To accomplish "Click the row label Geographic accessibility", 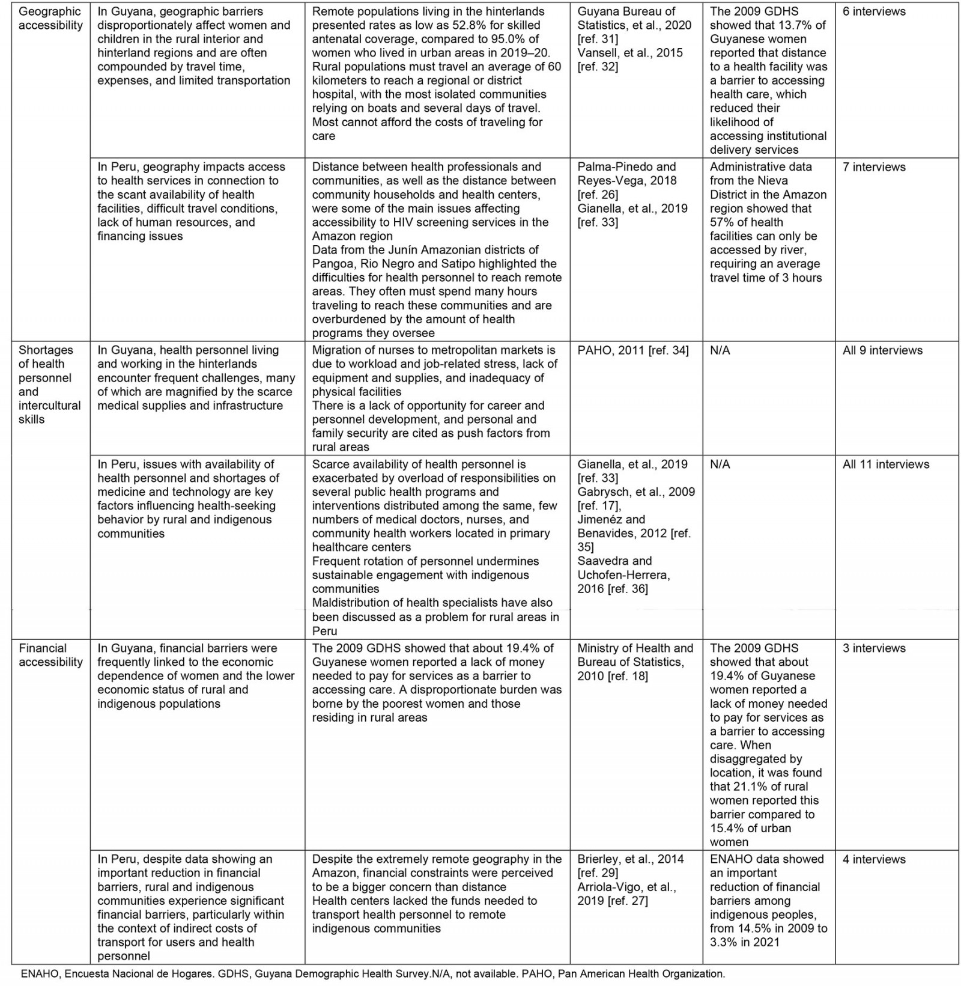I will pyautogui.click(x=50, y=19).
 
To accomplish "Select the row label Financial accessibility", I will pyautogui.click(x=50, y=655).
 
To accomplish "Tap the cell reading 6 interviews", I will pyautogui.click(x=874, y=11).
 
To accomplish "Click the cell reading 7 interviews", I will pyautogui.click(x=874, y=167).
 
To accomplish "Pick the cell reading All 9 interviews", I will pyautogui.click(x=882, y=350).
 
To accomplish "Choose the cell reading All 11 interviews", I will pyautogui.click(x=886, y=464).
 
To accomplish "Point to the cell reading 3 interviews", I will pyautogui.click(x=874, y=648).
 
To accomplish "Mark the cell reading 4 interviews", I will pyautogui.click(x=874, y=859).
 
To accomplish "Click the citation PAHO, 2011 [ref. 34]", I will pyautogui.click(x=633, y=350).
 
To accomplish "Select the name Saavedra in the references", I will pyautogui.click(x=605, y=561).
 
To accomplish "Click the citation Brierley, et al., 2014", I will pyautogui.click(x=631, y=859).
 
